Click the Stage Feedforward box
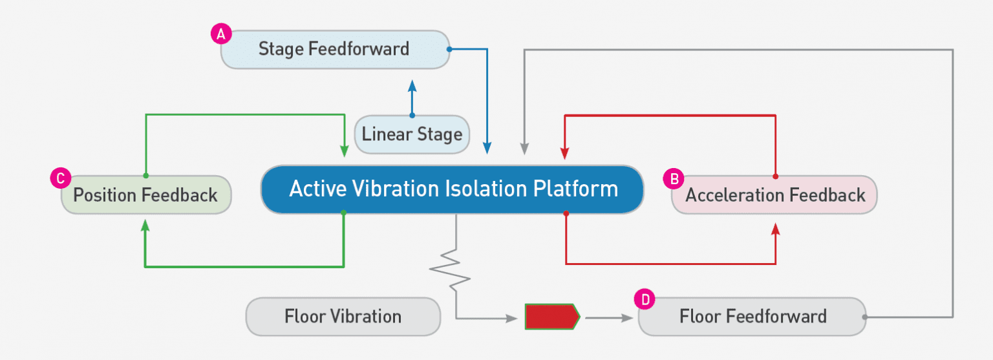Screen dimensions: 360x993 pos(334,49)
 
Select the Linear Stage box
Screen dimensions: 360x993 pos(412,134)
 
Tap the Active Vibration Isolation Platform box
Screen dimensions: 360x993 pos(453,189)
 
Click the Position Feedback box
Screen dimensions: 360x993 pos(145,195)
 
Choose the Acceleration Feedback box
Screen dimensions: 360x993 pos(774,195)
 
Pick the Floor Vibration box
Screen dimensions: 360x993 pos(343,317)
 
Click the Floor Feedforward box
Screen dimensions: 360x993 pos(752,317)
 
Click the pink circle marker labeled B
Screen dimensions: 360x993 pos(674,179)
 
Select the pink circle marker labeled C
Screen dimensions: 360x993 pos(59,179)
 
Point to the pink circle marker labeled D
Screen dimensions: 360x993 pos(645,299)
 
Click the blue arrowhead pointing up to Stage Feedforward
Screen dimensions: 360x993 pos(412,85)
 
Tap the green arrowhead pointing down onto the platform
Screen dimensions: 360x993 pos(343,151)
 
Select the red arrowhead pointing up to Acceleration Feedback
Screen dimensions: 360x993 pos(776,229)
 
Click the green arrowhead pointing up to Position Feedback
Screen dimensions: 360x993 pos(145,224)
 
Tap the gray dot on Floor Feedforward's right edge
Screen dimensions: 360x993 pos(865,317)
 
